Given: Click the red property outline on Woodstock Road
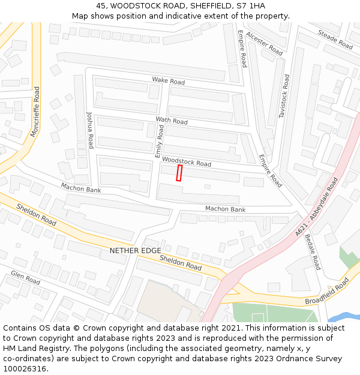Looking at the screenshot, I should pyautogui.click(x=179, y=173).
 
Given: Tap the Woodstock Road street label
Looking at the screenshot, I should pyautogui.click(x=187, y=162).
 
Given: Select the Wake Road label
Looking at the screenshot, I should pyautogui.click(x=168, y=80).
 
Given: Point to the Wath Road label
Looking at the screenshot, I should pyautogui.click(x=172, y=121).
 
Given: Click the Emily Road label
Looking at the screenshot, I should pyautogui.click(x=159, y=142).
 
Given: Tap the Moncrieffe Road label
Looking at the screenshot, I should pyautogui.click(x=35, y=111).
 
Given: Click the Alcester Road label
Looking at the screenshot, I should pyautogui.click(x=264, y=44).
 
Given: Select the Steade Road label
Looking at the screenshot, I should pyautogui.click(x=335, y=39).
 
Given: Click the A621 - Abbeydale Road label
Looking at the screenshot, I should pyautogui.click(x=317, y=206).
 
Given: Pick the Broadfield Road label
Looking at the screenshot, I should pyautogui.click(x=326, y=292).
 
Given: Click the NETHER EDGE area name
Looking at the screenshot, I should pyautogui.click(x=135, y=250).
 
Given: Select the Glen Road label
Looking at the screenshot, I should pyautogui.click(x=25, y=278).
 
